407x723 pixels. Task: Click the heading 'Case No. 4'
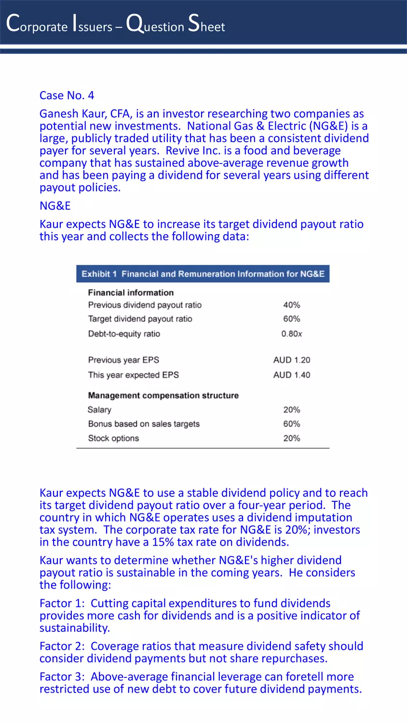coord(67,95)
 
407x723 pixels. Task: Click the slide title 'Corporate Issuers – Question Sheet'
coord(115,24)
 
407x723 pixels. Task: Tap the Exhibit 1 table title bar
coord(203,274)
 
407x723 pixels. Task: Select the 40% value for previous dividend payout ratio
coord(291,305)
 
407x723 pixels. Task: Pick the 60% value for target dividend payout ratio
coord(291,319)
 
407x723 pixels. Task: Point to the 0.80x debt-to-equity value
coord(292,334)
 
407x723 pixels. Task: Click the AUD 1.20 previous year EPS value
coord(291,360)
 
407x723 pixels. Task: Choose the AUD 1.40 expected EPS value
coord(291,375)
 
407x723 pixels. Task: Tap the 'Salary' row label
coord(99,410)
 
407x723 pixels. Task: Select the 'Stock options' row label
coord(113,438)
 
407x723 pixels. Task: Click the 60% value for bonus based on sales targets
coord(291,424)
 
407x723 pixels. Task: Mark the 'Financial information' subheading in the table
coord(131,293)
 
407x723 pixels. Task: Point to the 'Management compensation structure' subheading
coord(163,395)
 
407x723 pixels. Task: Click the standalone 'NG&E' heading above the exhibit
coord(55,206)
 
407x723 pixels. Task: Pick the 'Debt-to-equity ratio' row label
coord(124,334)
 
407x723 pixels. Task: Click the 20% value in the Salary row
coord(291,410)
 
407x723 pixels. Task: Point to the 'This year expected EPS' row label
coord(133,375)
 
